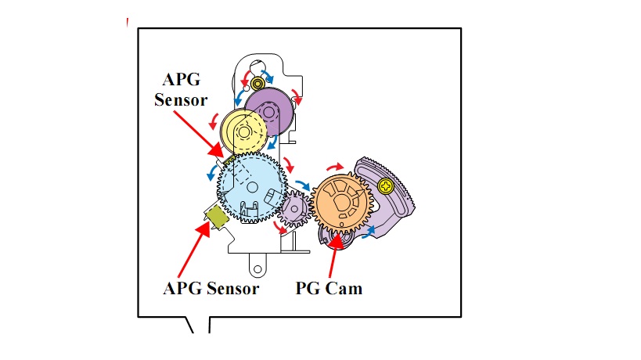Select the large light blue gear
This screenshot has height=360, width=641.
coord(252,188)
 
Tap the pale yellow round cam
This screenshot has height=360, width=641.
coord(243,131)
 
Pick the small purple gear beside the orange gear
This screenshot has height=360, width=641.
coord(294,209)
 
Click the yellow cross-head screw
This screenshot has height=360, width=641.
coord(386,186)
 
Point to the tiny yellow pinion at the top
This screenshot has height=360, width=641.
coord(258,85)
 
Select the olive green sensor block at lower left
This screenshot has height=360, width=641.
coord(217,216)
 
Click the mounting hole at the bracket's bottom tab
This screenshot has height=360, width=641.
coord(257,269)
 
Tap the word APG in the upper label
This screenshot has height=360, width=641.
coord(182,79)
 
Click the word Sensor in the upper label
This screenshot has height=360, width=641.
coord(181,100)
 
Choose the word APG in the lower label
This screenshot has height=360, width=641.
coord(182,289)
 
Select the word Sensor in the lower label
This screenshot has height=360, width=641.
coord(233,289)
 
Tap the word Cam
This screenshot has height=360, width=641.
coord(344,289)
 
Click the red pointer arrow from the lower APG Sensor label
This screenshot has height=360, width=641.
coord(194,250)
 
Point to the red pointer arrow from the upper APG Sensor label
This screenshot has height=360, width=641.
coord(199,134)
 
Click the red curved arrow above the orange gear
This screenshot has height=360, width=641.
coord(335,167)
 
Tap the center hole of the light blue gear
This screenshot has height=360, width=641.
coord(252,188)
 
